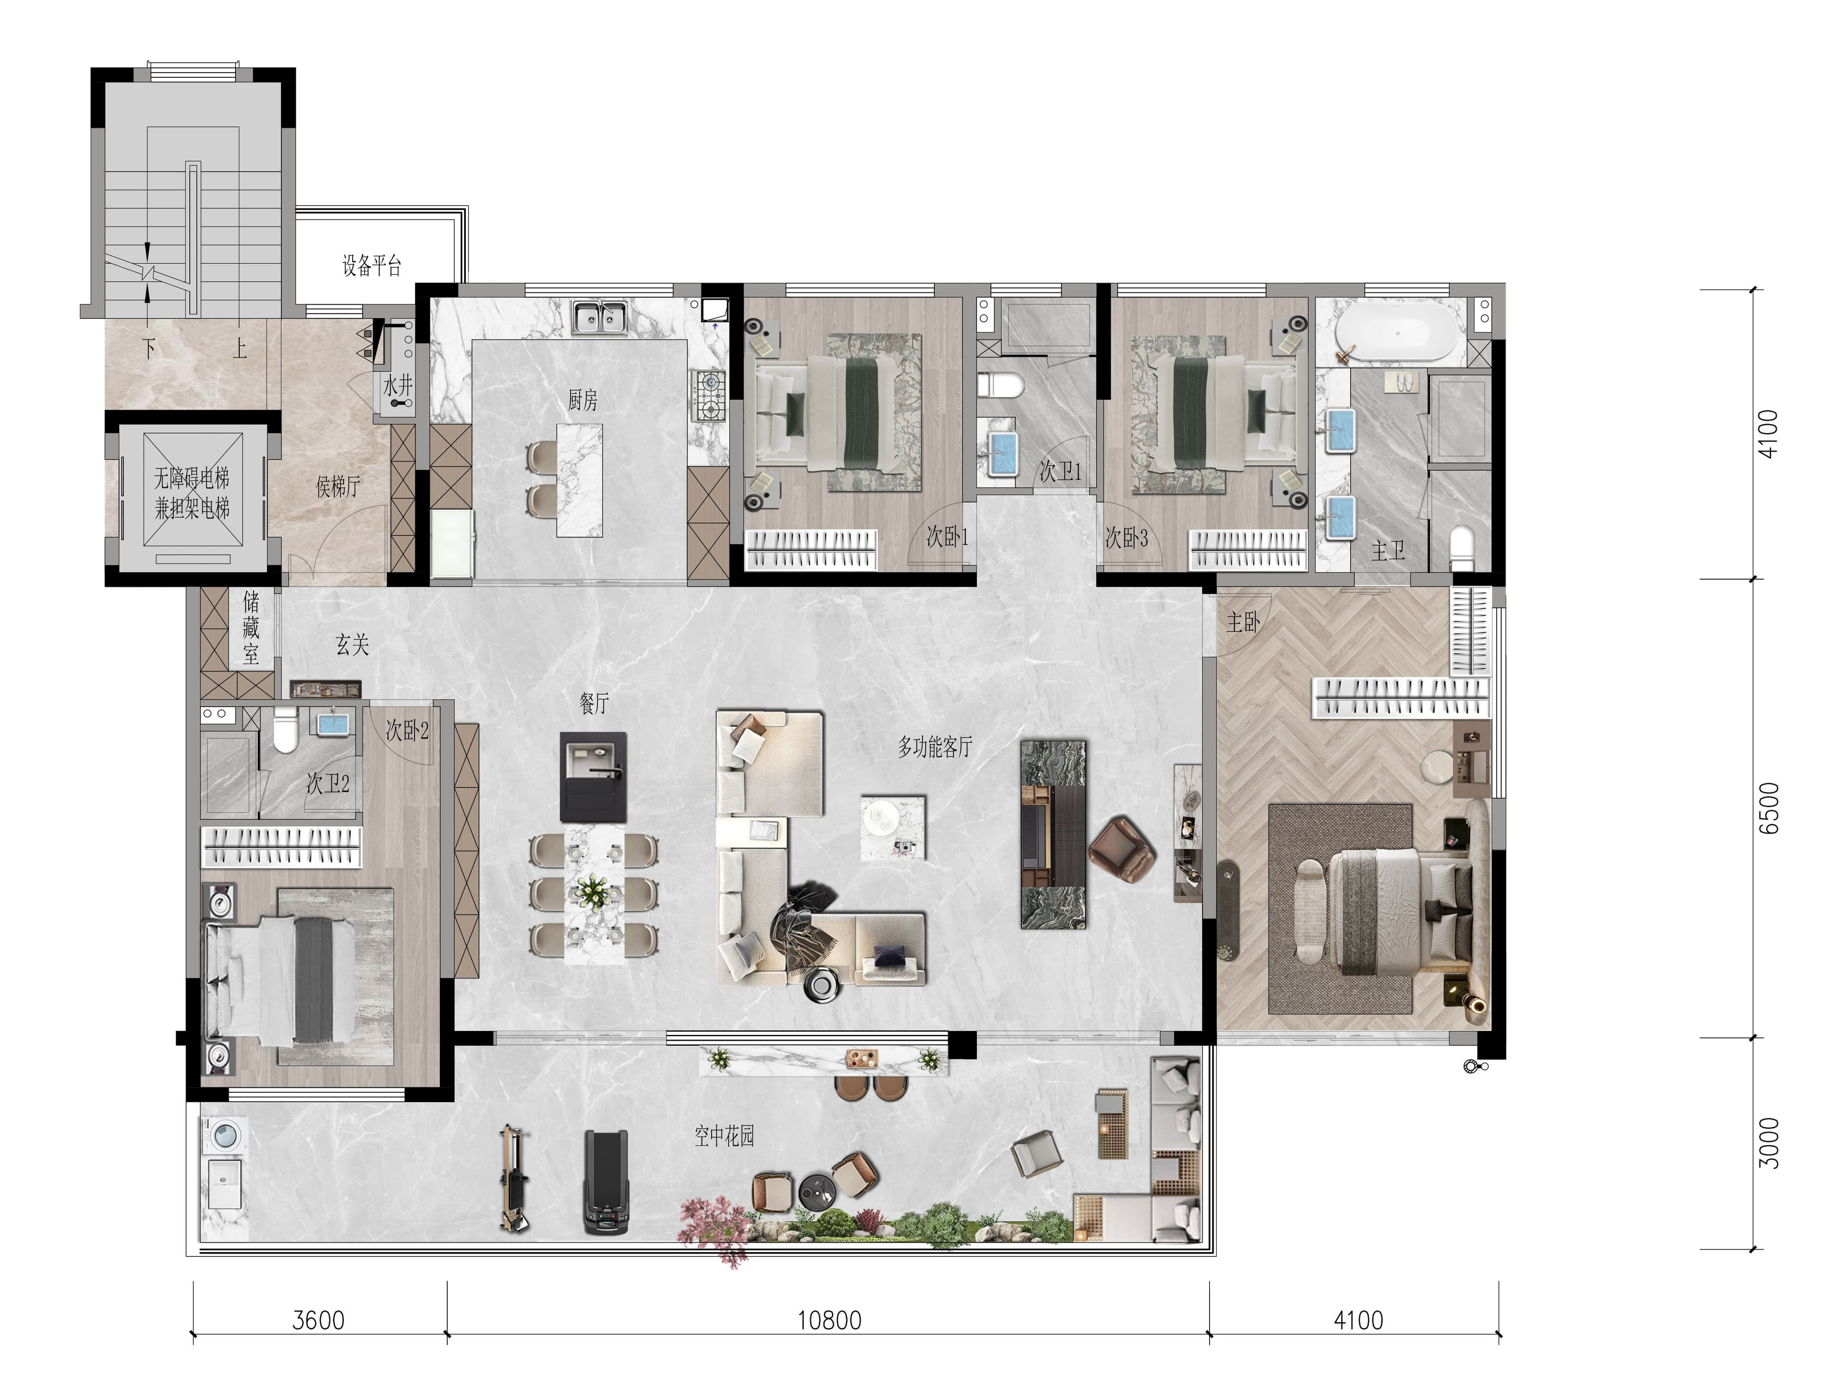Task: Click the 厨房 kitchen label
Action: point(583,401)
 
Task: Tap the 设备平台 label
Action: point(371,266)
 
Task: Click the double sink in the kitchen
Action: point(599,318)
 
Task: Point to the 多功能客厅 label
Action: point(935,747)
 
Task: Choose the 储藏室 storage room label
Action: point(251,628)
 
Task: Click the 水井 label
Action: point(398,385)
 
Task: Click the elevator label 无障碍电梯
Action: point(192,478)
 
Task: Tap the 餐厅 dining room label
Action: point(594,704)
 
